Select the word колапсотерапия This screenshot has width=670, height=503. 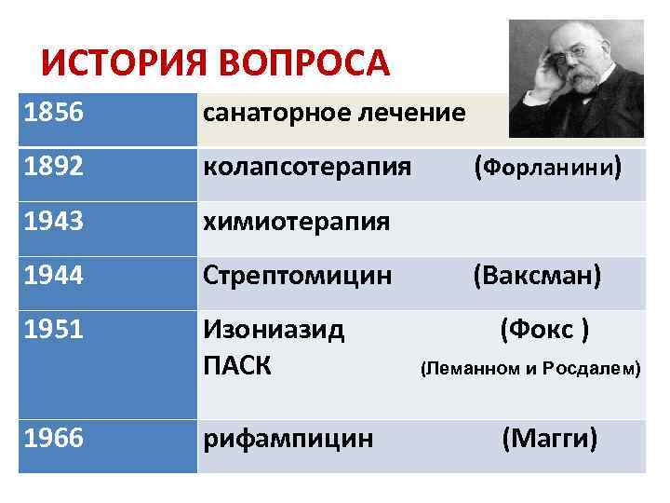[x=307, y=169]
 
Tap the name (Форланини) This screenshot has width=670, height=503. [x=546, y=169]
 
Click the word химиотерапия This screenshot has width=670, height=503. [x=296, y=223]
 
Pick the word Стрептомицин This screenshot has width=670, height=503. [x=298, y=276]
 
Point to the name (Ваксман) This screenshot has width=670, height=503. [x=537, y=276]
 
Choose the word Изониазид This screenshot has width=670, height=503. [x=274, y=330]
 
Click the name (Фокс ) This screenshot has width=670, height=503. [x=543, y=330]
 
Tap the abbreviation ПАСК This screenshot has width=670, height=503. [x=237, y=366]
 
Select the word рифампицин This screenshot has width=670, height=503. [x=288, y=438]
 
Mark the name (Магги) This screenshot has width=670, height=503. [x=549, y=438]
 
